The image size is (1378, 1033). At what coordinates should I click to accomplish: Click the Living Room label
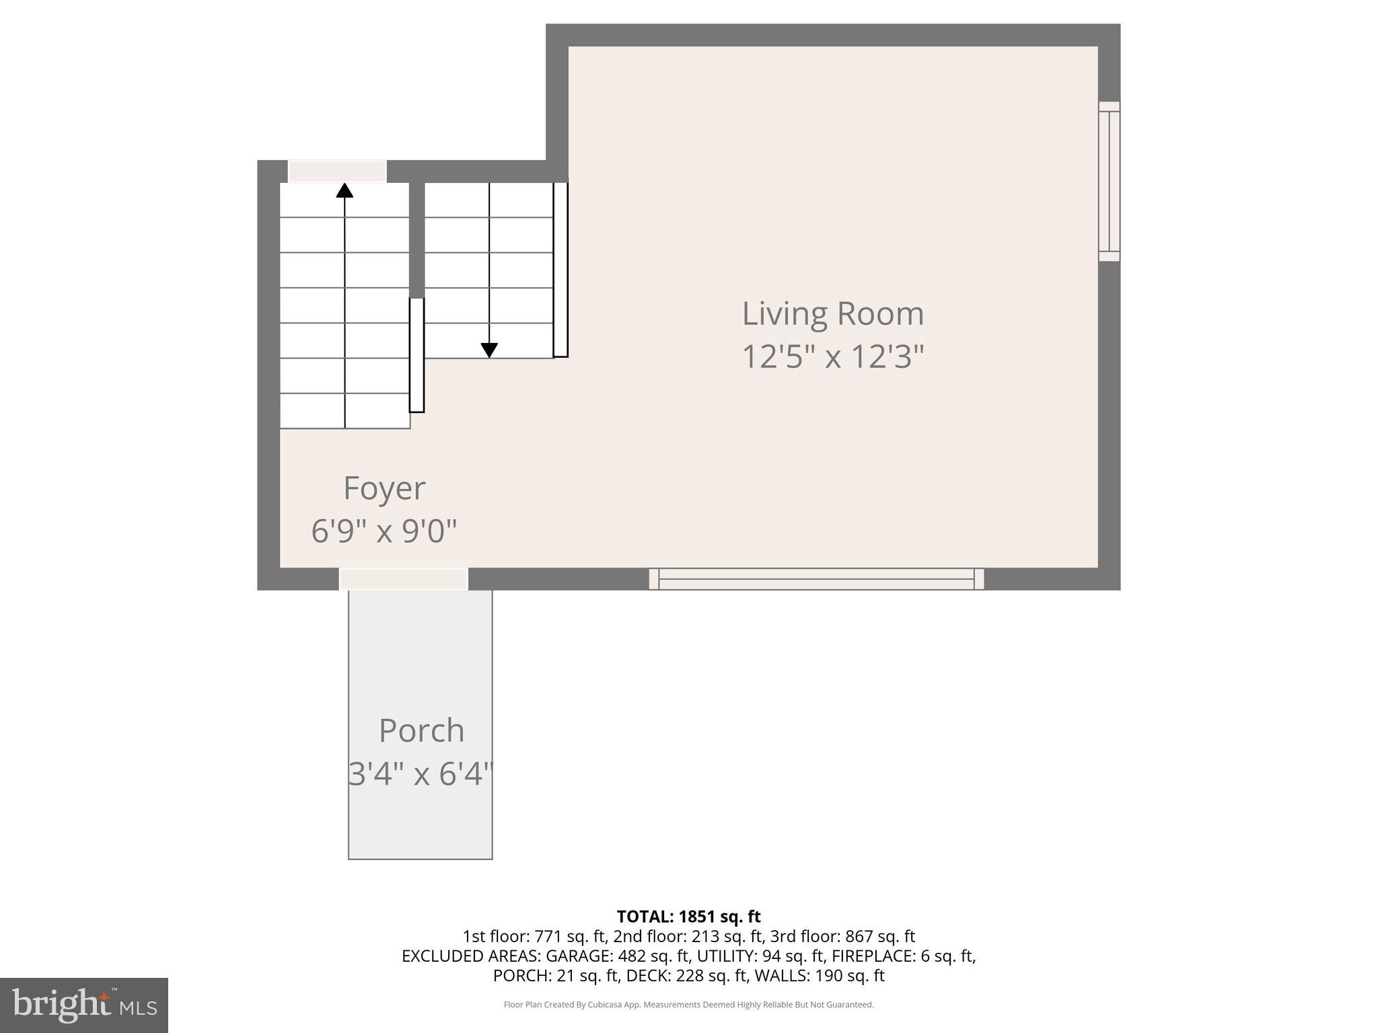point(833,314)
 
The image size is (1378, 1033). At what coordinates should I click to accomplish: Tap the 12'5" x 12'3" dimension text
point(833,356)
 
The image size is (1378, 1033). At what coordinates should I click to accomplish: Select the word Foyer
point(384,488)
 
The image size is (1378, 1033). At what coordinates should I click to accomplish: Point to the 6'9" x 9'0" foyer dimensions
point(384,531)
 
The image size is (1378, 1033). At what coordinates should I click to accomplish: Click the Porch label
point(421,730)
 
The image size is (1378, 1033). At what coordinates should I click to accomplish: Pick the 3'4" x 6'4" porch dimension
point(421,773)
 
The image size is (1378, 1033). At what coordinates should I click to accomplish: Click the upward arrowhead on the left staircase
point(344,190)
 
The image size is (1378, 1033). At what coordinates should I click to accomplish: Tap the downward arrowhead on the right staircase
point(489,350)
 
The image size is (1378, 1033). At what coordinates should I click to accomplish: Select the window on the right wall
point(1109,182)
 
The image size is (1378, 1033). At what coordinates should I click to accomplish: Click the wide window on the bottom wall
point(816,579)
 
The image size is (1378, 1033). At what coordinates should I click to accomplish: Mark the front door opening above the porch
point(403,579)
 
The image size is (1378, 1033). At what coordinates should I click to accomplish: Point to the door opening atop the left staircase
point(337,171)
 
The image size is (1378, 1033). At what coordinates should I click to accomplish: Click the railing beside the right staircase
point(560,269)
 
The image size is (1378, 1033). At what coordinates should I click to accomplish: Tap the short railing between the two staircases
point(416,355)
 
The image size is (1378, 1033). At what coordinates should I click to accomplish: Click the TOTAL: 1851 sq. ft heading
point(688,917)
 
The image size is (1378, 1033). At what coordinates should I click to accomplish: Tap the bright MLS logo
point(84,1005)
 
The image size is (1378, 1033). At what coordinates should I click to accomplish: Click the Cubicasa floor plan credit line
point(688,1005)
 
